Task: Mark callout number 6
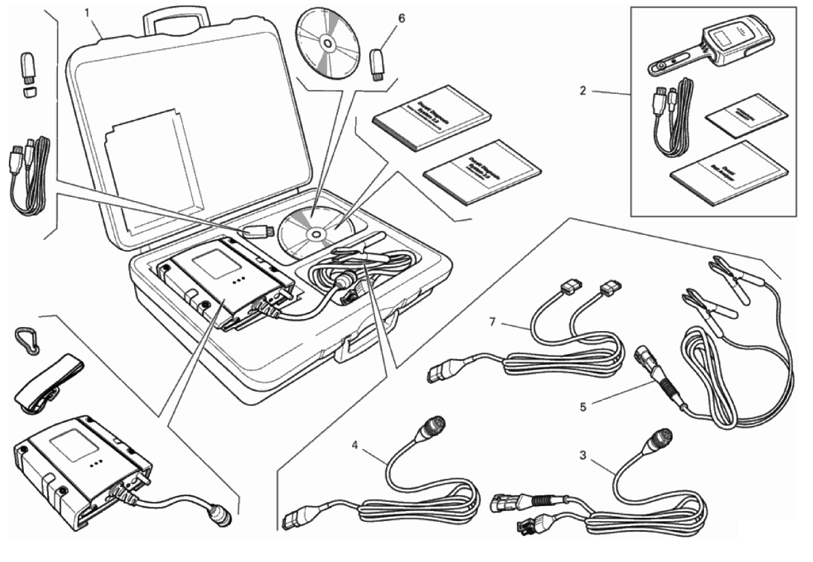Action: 401,17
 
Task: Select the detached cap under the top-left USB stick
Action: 29,91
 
